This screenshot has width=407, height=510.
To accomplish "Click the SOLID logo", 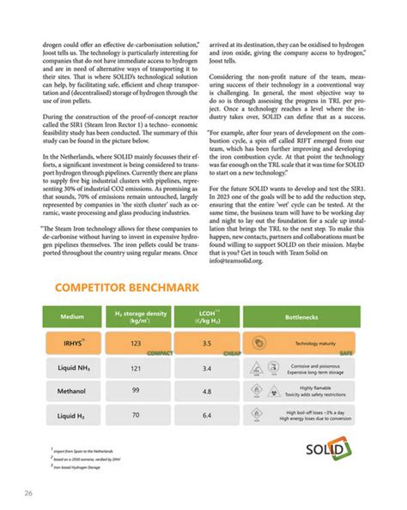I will (326, 450).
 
